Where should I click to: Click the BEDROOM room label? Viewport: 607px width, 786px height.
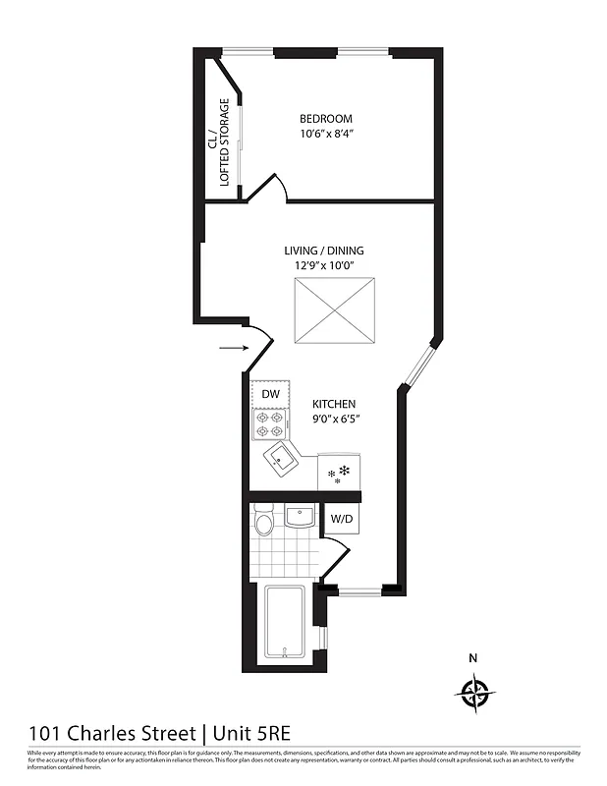326,119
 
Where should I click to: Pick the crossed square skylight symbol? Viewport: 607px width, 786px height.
335,310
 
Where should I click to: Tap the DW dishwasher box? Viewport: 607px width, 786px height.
271,394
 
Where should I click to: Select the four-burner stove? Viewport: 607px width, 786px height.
270,423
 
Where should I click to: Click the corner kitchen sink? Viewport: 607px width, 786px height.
282,458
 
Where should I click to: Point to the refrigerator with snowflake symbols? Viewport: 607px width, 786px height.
340,472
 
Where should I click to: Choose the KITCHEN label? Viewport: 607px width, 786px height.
334,404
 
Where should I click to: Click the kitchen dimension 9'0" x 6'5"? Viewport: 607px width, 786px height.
334,419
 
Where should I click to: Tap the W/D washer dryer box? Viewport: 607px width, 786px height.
342,518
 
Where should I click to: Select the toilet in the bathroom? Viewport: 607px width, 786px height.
263,522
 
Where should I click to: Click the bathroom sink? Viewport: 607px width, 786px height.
300,516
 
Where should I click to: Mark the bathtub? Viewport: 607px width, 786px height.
286,624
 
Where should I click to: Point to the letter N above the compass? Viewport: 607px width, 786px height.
472,658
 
